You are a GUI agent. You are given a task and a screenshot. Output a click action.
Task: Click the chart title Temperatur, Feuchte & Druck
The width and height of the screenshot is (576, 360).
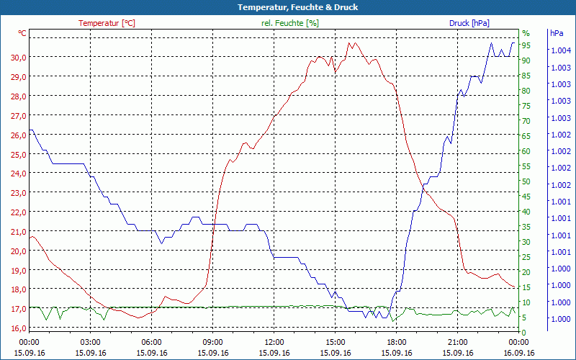pos(287,7)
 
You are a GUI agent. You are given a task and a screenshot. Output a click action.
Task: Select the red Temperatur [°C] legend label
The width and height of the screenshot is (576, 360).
pos(107,23)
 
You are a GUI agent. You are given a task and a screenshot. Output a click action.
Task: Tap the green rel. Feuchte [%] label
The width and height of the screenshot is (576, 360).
pos(290,23)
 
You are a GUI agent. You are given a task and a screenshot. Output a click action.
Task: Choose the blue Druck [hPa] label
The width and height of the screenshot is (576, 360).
pos(469,23)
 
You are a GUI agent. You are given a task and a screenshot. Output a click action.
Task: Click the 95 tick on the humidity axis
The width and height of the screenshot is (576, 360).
pos(526,45)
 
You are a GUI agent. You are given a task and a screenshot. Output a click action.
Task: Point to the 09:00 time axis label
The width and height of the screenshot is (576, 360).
pos(213,342)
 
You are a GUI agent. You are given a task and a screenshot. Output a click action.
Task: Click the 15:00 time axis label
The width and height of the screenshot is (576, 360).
pos(336,342)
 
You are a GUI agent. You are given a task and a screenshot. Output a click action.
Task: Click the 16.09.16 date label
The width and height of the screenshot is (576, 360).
pos(519,353)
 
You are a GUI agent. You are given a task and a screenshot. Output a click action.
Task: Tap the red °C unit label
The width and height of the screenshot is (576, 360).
pos(22,33)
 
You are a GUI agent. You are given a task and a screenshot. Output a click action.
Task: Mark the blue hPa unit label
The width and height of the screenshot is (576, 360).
pos(557,33)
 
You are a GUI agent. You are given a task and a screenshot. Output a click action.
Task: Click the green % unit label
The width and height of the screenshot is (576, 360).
pos(526,33)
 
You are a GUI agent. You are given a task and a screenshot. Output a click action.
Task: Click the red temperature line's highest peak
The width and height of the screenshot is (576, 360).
pos(351,42)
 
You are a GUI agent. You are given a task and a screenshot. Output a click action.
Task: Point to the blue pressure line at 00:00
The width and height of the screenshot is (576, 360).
pos(30,130)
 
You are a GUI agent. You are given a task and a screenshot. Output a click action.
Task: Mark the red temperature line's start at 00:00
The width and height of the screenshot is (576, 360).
pos(30,236)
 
